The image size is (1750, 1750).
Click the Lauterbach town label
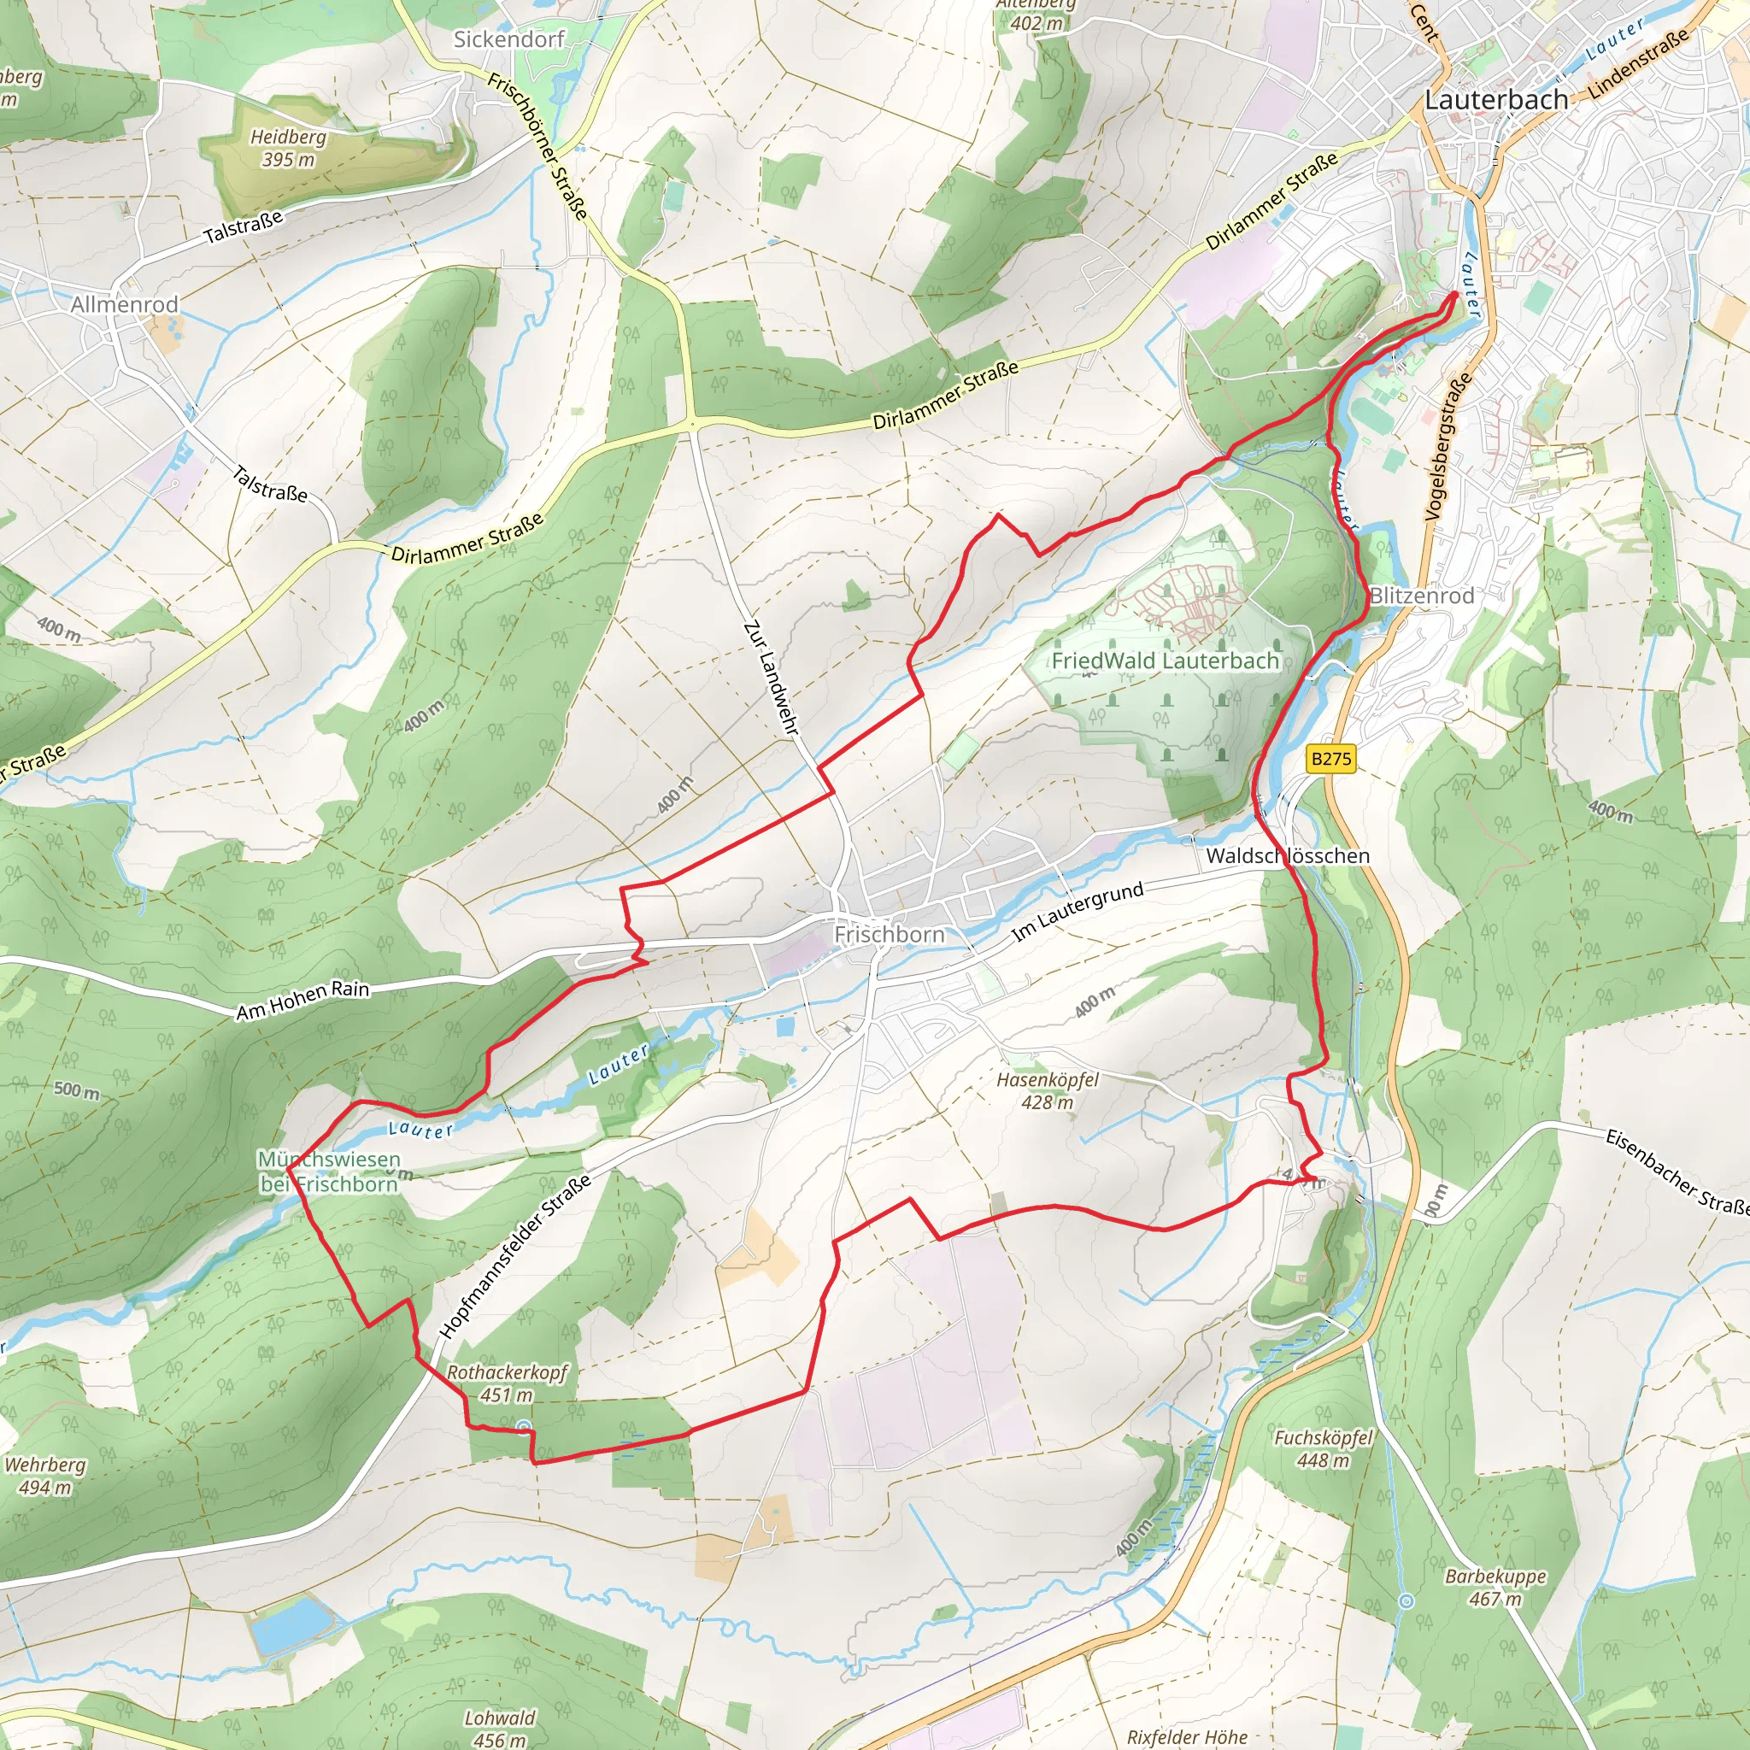coord(1495,100)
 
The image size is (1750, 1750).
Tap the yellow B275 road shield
coord(1330,758)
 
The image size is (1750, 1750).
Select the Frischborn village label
coord(889,934)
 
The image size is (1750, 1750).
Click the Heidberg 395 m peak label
coord(288,148)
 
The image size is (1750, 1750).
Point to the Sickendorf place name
coord(508,39)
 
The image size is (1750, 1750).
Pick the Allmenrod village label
coord(124,304)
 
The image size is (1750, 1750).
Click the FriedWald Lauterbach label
coord(1165,661)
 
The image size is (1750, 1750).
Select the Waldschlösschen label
coord(1287,855)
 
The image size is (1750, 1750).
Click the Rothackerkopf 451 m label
coord(507,1383)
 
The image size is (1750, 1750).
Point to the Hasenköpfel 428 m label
coord(1047,1090)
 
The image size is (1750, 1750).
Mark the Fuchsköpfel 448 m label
coord(1324,1448)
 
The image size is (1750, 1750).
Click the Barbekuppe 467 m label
coord(1495,1587)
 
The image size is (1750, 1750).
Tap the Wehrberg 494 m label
coord(45,1476)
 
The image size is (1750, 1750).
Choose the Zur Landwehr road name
coord(771,678)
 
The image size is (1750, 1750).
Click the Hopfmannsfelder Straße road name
coord(515,1255)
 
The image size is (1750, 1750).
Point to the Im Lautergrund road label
coord(1077,911)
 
